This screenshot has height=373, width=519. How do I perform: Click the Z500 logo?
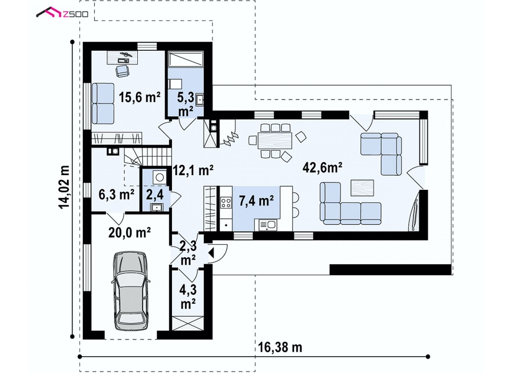click(62, 12)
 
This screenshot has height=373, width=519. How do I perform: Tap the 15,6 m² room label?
click(139, 97)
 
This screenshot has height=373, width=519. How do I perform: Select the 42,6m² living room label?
click(322, 168)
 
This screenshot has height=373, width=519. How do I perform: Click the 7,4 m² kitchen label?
click(256, 201)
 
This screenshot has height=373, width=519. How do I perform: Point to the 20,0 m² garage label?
click(129, 232)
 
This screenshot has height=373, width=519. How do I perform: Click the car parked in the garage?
click(130, 291)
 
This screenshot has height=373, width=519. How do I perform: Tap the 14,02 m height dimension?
click(64, 187)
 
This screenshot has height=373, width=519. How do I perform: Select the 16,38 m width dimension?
click(280, 348)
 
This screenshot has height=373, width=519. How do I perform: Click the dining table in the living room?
click(275, 141)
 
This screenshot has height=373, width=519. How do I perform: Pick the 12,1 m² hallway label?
click(194, 170)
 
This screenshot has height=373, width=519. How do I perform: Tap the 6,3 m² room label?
click(117, 194)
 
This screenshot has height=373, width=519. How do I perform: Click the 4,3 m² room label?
click(188, 297)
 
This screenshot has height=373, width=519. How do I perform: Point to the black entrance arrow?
click(211, 253)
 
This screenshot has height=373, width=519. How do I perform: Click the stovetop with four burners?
click(227, 202)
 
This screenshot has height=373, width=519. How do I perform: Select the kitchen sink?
click(268, 225)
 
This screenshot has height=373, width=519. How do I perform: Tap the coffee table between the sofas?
click(362, 188)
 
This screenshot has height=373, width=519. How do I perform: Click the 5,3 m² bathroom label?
click(186, 104)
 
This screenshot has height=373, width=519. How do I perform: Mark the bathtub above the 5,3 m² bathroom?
click(185, 59)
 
